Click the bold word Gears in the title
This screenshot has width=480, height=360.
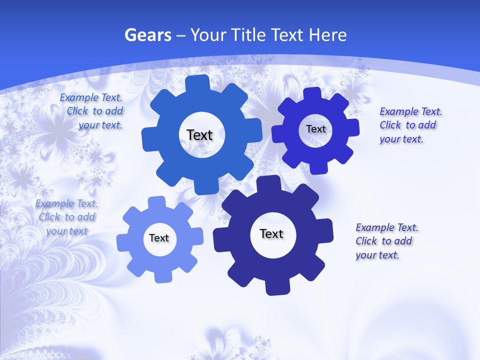147,35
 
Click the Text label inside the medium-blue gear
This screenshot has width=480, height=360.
199,135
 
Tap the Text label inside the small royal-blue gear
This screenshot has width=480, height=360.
315,129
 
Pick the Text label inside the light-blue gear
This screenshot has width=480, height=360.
159,238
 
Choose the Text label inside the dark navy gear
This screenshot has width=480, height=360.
271,233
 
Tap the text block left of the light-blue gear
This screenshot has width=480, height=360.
67,217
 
